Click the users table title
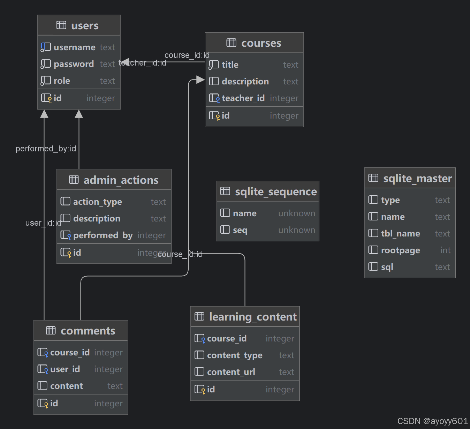[85, 26]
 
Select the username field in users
[74, 47]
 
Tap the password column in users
[74, 64]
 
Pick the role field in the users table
[62, 81]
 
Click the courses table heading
[261, 43]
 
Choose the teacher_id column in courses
[243, 98]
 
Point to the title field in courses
[230, 65]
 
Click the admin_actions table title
[121, 180]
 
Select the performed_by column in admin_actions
[103, 235]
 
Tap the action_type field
[97, 202]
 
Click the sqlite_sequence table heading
[275, 192]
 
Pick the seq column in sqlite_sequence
[240, 230]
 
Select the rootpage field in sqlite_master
[400, 250]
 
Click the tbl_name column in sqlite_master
[400, 234]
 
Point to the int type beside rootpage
[445, 250]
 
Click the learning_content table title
[252, 317]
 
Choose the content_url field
[231, 372]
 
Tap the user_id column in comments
[65, 369]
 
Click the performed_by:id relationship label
[46, 149]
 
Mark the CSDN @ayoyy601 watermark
[432, 421]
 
